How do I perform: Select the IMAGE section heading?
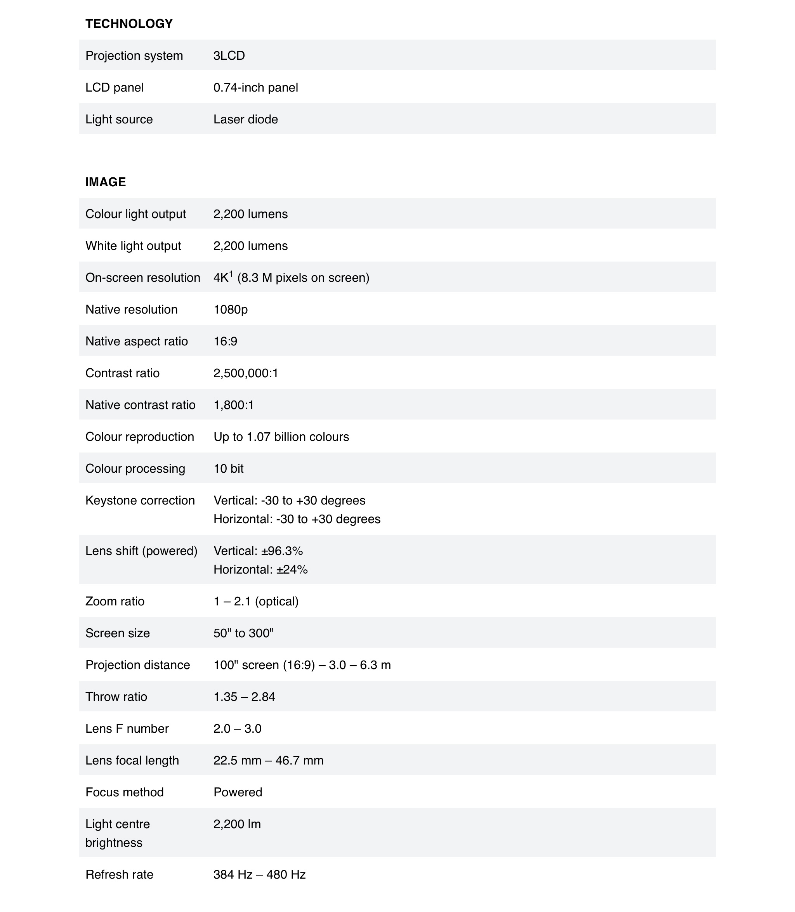(x=106, y=182)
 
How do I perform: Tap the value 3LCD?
(x=229, y=55)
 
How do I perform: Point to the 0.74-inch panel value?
(x=255, y=87)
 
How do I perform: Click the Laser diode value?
(x=245, y=119)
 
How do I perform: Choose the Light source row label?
(x=119, y=119)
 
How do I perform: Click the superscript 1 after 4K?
(x=231, y=274)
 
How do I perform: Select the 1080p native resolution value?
(x=230, y=310)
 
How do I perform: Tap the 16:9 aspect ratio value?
(x=226, y=341)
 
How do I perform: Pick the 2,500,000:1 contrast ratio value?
(x=246, y=373)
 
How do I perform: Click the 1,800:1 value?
(x=233, y=405)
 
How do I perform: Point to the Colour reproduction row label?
(x=140, y=437)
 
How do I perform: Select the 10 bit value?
(x=229, y=469)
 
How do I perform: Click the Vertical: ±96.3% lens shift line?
(x=258, y=551)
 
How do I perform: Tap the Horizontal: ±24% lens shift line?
(x=260, y=570)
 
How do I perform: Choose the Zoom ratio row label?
(x=115, y=602)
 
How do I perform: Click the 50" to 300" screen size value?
(x=243, y=633)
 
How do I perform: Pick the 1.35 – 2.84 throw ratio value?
(x=245, y=697)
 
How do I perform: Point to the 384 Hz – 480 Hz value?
(x=260, y=875)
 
